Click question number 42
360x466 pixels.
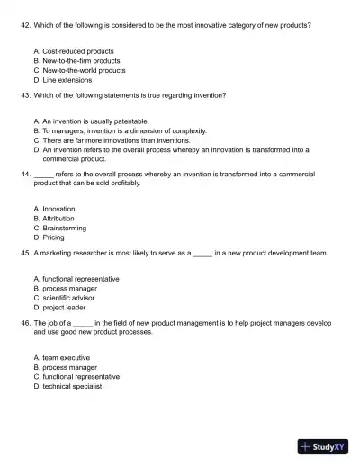24,25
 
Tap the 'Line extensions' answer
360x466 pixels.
67,78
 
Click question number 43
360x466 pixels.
24,94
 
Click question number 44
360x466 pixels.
24,174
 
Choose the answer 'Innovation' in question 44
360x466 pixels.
58,209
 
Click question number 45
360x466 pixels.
24,254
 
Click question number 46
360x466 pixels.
24,322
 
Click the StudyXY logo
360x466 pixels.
323,444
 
